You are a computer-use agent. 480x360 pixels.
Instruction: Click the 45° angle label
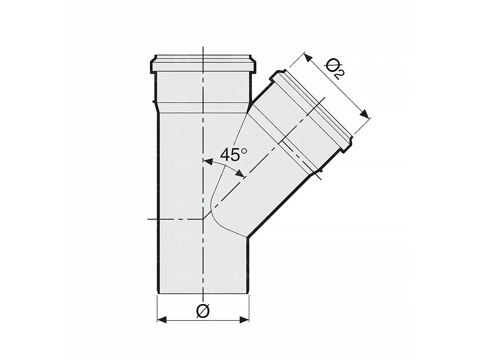pyautogui.click(x=234, y=155)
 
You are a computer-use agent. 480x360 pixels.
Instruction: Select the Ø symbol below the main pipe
pyautogui.click(x=203, y=311)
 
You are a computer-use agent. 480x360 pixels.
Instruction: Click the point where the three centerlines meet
pyautogui.click(x=204, y=219)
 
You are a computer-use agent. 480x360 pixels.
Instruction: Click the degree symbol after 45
pyautogui.click(x=244, y=151)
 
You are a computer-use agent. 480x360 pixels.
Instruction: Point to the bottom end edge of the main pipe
pyautogui.click(x=203, y=294)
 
